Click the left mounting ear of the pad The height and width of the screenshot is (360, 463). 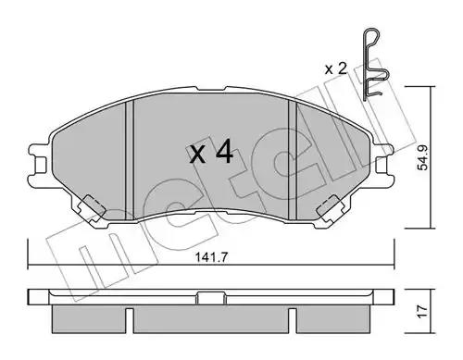click(x=39, y=159)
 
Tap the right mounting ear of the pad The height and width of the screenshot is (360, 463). click(x=382, y=159)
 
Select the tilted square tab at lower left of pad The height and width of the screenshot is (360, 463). click(x=93, y=206)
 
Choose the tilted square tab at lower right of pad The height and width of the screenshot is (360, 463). click(x=328, y=208)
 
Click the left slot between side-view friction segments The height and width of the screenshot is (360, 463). click(x=131, y=319)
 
